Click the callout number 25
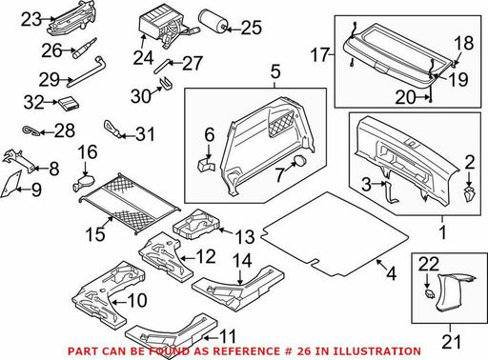pyautogui.click(x=252, y=28)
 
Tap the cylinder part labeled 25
pyautogui.click(x=213, y=20)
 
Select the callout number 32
pyautogui.click(x=33, y=102)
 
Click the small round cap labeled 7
pyautogui.click(x=300, y=161)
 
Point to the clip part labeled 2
pyautogui.click(x=469, y=194)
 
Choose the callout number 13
pyautogui.click(x=245, y=237)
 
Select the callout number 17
pyautogui.click(x=320, y=55)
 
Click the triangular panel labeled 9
pyautogui.click(x=10, y=185)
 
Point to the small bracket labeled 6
pyautogui.click(x=205, y=164)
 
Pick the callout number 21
pyautogui.click(x=452, y=342)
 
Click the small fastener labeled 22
pyautogui.click(x=429, y=294)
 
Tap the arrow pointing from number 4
pyautogui.click(x=380, y=264)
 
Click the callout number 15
pyautogui.click(x=95, y=234)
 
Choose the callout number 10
pyautogui.click(x=137, y=300)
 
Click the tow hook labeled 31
pyautogui.click(x=112, y=129)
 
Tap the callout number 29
pyautogui.click(x=49, y=79)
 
